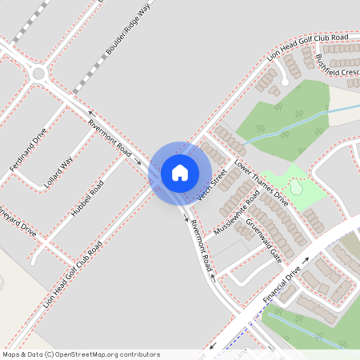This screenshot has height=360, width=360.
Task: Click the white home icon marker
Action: pyautogui.click(x=180, y=172)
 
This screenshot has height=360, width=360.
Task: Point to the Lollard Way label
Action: pyautogui.click(x=59, y=171)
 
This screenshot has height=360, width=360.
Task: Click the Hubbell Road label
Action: pyautogui.click(x=87, y=199)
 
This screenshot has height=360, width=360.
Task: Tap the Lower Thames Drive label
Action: pyautogui.click(x=261, y=180)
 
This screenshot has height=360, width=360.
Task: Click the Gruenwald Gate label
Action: pyautogui.click(x=264, y=240)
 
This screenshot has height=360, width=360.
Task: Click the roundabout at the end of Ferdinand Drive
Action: pyautogui.click(x=39, y=75)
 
